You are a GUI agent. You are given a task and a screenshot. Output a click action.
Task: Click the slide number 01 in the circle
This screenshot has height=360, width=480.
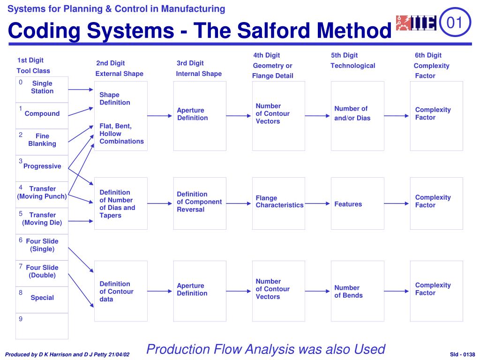point(454,22)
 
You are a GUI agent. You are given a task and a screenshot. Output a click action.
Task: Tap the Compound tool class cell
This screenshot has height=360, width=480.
point(42,113)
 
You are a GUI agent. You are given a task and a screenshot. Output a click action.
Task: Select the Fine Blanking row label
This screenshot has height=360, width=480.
point(42,140)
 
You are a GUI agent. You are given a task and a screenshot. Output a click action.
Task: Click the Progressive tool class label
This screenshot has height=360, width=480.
point(42,166)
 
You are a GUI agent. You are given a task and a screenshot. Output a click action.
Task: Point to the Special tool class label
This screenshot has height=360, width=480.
point(42,298)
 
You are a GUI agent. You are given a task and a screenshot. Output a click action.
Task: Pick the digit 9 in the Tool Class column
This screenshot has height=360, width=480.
point(21,319)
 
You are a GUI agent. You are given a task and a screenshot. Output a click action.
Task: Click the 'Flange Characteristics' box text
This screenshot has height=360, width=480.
point(279,202)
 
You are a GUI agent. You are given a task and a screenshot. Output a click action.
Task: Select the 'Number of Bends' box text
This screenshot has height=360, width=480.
point(348,292)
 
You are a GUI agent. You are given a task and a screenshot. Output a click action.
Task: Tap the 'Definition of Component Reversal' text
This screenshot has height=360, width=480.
point(199,202)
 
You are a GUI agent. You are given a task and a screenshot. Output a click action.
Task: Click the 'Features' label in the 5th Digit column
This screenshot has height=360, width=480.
point(348,204)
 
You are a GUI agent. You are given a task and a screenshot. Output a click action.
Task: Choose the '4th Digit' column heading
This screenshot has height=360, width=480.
point(266,55)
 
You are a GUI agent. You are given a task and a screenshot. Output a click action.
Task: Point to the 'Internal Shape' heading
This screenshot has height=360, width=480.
point(199,74)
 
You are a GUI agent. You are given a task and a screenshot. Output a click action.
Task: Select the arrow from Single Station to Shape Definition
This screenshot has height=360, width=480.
point(81,90)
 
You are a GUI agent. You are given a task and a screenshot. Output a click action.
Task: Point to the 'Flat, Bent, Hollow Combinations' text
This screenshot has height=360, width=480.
point(121,134)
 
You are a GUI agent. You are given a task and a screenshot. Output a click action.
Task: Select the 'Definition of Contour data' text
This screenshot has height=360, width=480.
point(116,291)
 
